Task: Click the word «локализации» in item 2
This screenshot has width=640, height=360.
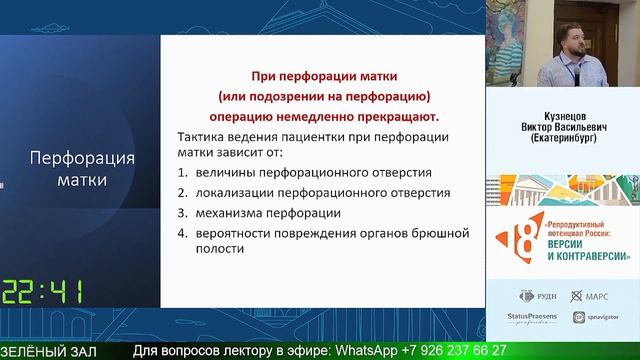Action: point(235,192)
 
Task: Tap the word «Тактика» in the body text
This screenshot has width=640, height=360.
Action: point(203,137)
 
